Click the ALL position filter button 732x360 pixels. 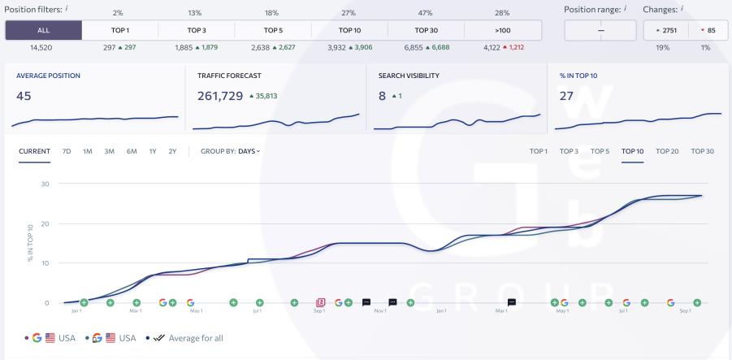pos(43,31)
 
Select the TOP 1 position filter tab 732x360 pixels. pos(119,31)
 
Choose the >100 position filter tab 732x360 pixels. pos(502,31)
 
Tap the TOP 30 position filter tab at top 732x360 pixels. pos(426,31)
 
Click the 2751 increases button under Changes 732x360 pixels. pos(662,31)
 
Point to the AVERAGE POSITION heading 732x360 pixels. pos(48,76)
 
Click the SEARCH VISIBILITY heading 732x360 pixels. pos(409,76)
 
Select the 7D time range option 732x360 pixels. pos(67,151)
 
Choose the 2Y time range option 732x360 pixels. pos(172,151)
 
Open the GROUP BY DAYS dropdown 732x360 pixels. pos(231,151)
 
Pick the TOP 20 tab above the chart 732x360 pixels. pos(667,151)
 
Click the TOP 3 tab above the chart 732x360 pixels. pos(569,151)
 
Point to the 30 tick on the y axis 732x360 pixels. pos(45,184)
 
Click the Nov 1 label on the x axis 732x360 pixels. pos(379,310)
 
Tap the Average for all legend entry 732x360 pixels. pos(194,338)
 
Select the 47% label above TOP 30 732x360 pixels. pos(426,13)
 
